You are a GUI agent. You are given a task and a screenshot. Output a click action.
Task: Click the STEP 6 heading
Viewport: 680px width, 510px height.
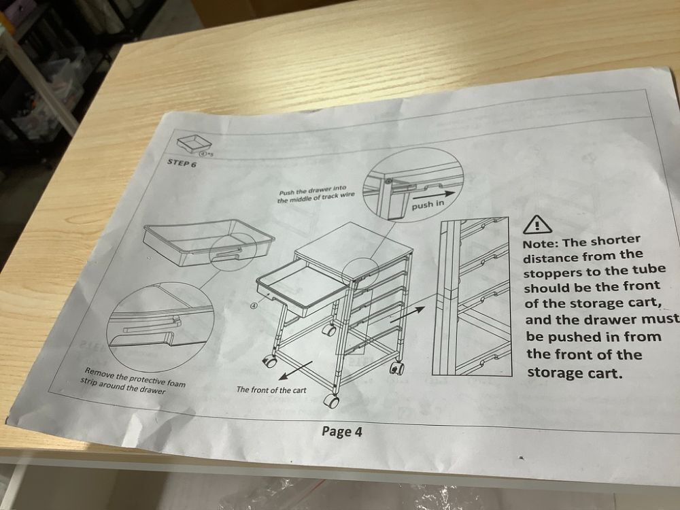pos(182,163)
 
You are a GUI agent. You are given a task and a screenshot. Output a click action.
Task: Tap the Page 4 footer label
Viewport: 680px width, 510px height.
pos(342,432)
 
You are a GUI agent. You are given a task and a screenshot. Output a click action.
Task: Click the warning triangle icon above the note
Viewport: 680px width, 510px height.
pos(537,224)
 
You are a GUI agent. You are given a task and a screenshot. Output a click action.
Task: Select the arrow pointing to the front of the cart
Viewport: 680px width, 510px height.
pos(296,370)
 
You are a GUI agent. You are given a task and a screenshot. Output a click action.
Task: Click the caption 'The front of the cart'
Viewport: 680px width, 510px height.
pos(271,390)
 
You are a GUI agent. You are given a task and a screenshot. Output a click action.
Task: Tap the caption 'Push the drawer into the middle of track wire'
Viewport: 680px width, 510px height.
pos(316,194)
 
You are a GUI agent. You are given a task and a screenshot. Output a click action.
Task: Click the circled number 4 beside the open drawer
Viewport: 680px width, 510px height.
pos(254,306)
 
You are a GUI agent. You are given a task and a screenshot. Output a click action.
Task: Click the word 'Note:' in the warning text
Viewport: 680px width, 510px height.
pos(541,243)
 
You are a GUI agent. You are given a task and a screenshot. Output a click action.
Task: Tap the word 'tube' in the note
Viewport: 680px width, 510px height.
pos(649,269)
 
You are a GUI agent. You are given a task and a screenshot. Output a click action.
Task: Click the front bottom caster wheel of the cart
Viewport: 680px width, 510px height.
pos(333,401)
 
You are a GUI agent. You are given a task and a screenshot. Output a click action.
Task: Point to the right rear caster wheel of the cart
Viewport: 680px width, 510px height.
pos(397,368)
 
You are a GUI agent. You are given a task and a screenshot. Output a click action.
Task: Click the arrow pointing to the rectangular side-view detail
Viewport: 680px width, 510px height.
pos(407,313)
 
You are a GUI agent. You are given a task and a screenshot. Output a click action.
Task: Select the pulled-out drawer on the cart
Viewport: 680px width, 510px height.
pos(303,288)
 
